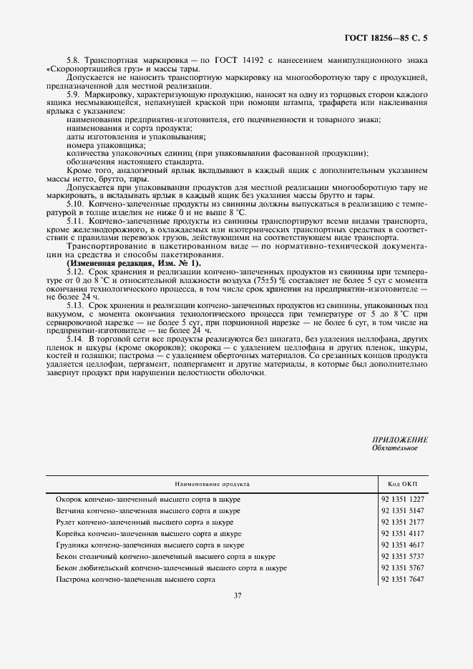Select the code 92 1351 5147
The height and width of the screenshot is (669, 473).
(403, 511)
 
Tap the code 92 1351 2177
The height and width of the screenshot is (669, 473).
(403, 522)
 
